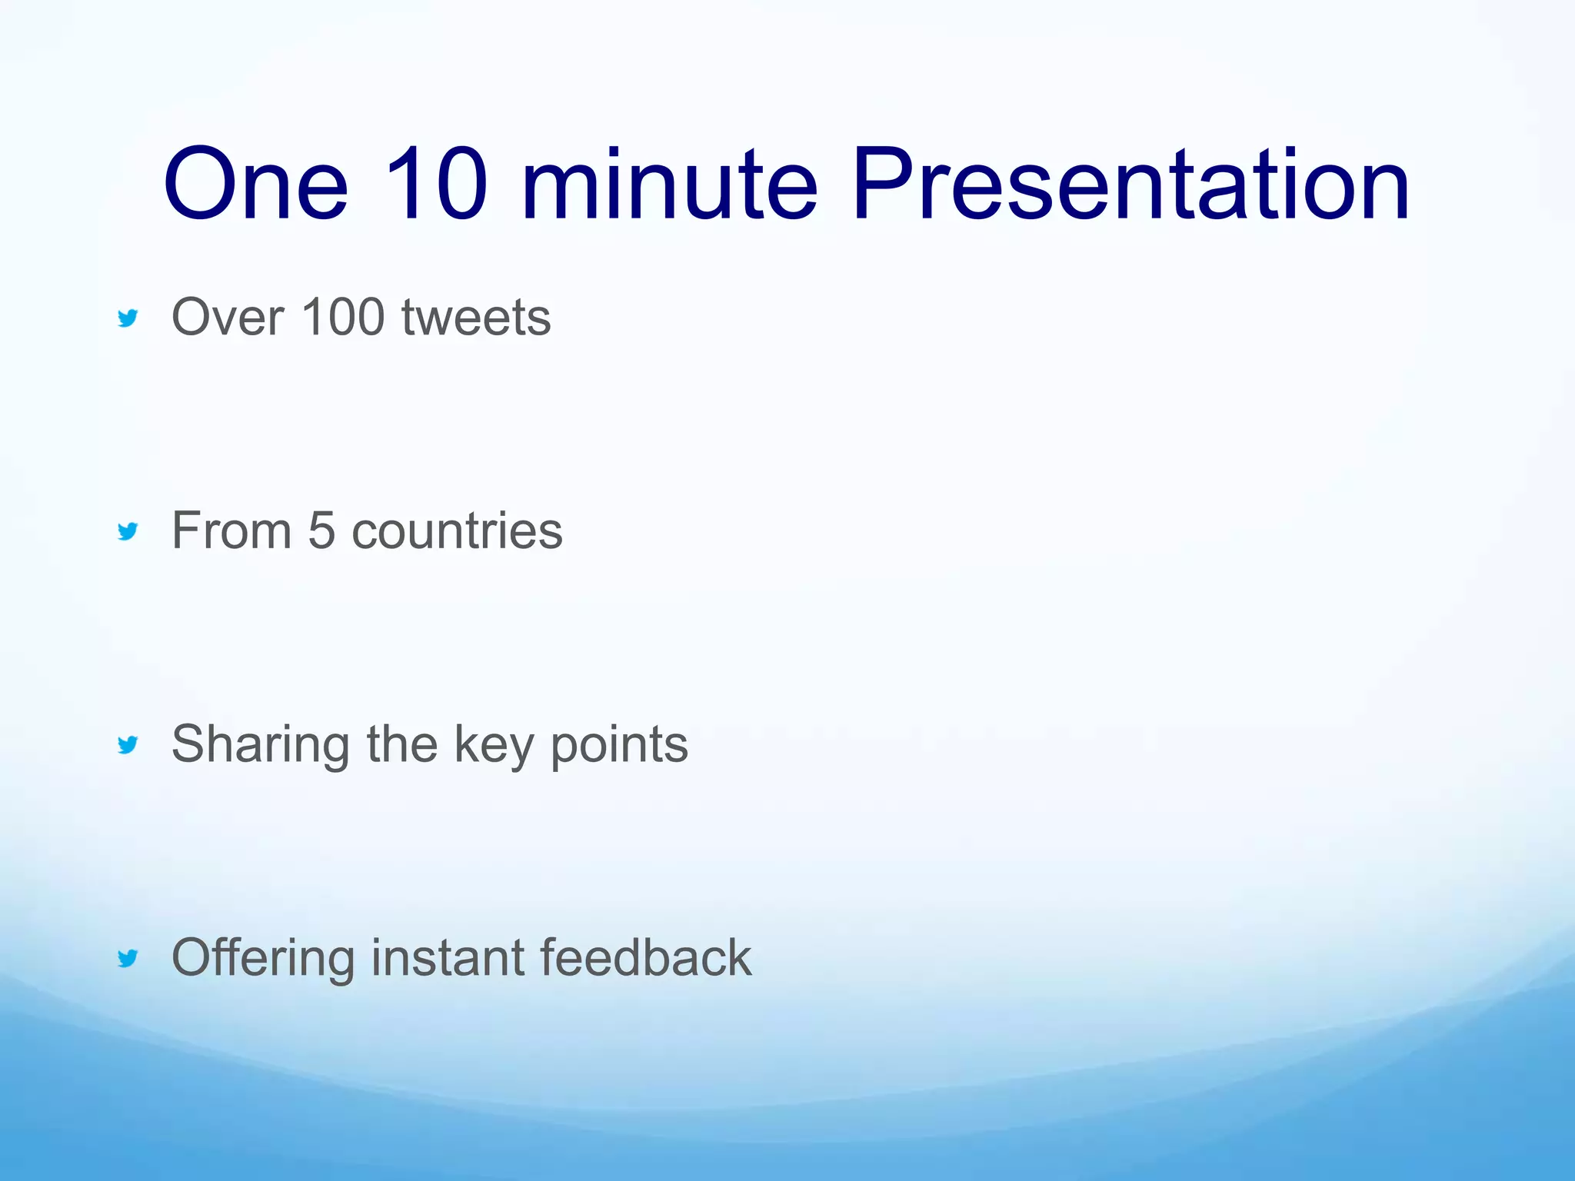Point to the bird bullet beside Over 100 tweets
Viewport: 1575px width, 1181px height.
(128, 318)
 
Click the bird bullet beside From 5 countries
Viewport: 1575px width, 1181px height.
(128, 531)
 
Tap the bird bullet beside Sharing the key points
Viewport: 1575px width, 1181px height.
(128, 744)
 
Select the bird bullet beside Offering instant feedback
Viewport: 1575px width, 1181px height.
(128, 957)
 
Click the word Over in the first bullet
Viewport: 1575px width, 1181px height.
(228, 317)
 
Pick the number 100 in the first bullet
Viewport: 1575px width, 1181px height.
(343, 317)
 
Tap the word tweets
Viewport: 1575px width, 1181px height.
(476, 317)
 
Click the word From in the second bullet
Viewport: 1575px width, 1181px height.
(231, 531)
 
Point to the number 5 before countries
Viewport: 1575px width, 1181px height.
(321, 531)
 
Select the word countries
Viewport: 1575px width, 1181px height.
(457, 531)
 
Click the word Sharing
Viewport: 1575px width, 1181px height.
(260, 744)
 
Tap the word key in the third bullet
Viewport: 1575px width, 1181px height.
(493, 744)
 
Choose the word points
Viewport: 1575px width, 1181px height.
(619, 744)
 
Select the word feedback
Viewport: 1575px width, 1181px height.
(645, 957)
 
